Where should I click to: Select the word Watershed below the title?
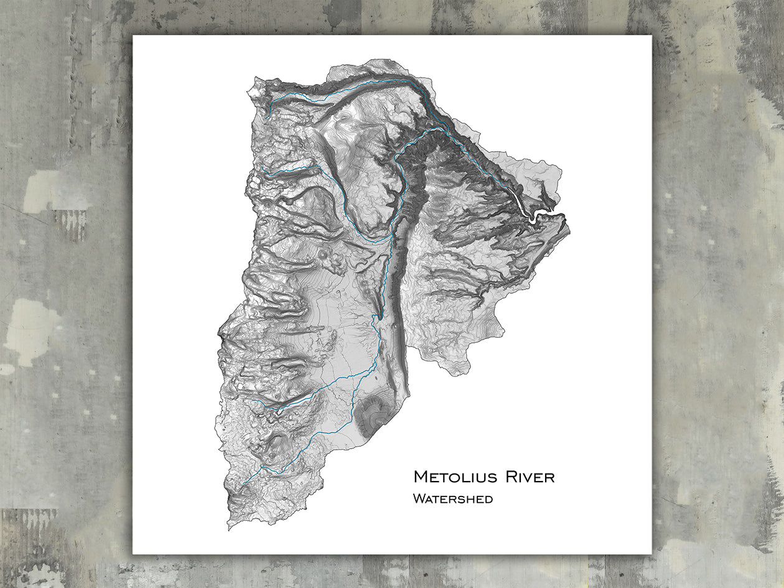click(452, 498)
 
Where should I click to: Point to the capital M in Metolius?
click(421, 477)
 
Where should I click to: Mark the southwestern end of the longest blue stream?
click(243, 483)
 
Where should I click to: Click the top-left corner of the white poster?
click(133, 35)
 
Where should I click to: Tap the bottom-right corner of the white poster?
click(651, 554)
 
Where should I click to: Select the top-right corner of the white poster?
click(651, 35)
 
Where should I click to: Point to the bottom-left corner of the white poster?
click(133, 554)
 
